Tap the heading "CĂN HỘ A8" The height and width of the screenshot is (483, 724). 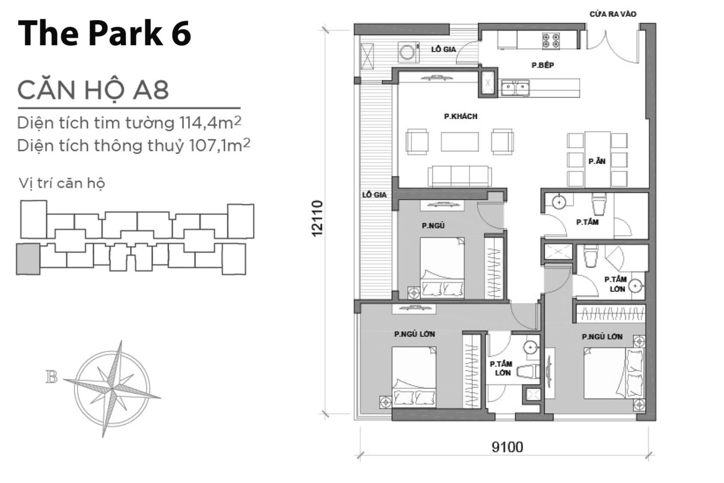(93, 90)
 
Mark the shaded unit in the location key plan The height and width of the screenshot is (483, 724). (28, 259)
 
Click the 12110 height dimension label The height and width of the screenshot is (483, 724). (317, 218)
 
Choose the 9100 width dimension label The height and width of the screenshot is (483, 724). (507, 446)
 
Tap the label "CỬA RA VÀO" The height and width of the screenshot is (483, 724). (612, 14)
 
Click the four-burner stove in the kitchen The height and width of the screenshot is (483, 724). (551, 41)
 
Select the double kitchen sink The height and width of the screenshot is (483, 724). (515, 88)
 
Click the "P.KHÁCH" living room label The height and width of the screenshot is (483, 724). (461, 116)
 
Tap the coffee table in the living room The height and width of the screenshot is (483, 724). (460, 141)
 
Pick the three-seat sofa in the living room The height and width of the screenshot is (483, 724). (460, 176)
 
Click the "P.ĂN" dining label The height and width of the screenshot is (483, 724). (597, 161)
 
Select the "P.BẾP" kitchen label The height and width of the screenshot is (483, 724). (543, 65)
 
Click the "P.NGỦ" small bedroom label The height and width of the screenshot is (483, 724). (433, 226)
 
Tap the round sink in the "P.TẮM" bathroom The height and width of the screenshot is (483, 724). (559, 202)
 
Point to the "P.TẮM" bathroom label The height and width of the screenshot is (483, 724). (587, 222)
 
